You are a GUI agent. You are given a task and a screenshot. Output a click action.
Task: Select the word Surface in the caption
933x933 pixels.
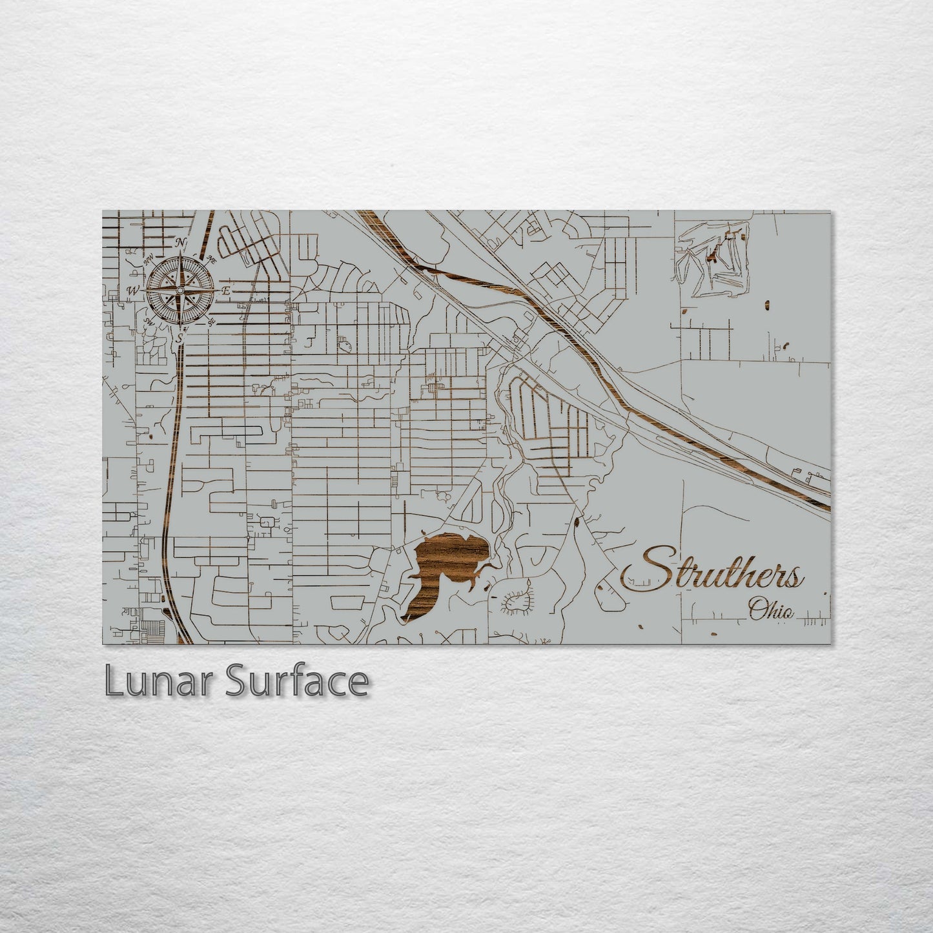tap(296, 682)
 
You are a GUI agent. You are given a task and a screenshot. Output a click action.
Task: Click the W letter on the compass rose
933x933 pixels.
tap(134, 290)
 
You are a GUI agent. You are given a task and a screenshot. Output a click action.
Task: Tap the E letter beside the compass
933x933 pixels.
tap(226, 291)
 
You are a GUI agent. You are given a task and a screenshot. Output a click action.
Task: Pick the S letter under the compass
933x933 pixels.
tap(181, 337)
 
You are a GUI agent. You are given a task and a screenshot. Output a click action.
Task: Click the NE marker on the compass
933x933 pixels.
tap(211, 260)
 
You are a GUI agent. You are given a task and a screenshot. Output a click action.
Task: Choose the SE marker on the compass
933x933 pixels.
tap(212, 321)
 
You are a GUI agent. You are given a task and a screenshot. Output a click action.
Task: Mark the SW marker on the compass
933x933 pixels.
tap(149, 321)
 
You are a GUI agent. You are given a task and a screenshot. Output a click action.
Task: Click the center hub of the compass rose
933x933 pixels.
tap(180, 291)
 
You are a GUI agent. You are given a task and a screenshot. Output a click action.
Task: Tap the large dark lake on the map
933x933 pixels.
tap(446, 568)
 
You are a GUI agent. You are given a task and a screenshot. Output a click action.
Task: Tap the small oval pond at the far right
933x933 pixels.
tap(766, 304)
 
